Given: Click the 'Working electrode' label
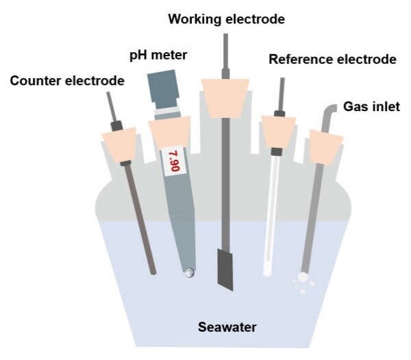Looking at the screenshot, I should [226, 19].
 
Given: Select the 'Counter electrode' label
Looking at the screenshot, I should [67, 81].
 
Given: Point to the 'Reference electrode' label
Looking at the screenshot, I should [332, 60].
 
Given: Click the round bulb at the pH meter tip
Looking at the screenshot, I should [189, 273].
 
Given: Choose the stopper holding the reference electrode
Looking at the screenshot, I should [278, 131].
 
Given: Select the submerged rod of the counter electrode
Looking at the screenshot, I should [141, 226].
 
